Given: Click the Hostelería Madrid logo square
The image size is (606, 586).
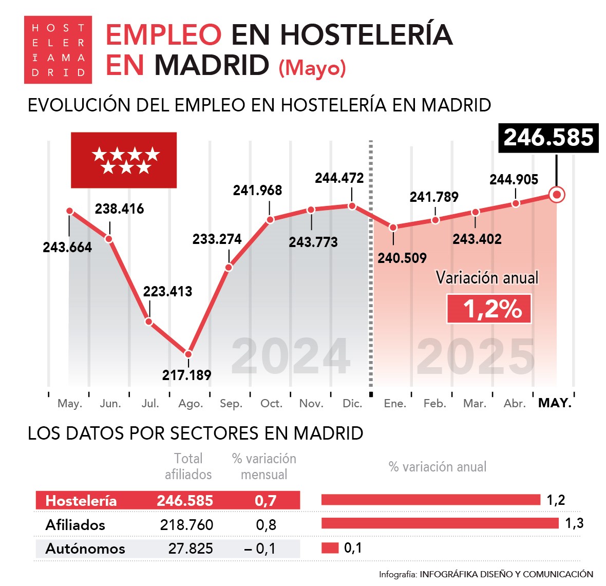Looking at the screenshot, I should click(58, 50).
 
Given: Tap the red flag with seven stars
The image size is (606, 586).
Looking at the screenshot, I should click(124, 160).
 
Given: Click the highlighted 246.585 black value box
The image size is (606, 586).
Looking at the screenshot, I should click(548, 138).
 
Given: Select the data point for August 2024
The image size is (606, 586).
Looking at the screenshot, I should click(188, 354).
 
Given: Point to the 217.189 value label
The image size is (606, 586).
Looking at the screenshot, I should click(186, 375).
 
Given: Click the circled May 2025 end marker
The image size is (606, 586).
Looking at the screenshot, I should click(557, 195).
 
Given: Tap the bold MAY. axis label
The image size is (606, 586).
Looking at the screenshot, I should click(555, 403).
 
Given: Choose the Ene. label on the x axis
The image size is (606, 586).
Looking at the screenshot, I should click(395, 404).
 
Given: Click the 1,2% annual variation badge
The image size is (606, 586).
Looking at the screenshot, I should click(489, 309).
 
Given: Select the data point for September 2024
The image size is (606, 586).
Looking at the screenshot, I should click(229, 267).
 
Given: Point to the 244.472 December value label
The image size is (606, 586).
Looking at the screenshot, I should click(339, 178).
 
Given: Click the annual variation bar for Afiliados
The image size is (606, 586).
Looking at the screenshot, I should click(440, 523).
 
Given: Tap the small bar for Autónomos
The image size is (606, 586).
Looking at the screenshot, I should click(330, 548).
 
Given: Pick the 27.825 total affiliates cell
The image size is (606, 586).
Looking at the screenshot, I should click(191, 549).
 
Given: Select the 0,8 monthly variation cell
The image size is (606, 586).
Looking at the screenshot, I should click(266, 525).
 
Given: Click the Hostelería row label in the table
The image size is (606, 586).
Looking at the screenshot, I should click(81, 501).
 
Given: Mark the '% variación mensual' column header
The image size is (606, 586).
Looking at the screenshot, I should click(264, 466).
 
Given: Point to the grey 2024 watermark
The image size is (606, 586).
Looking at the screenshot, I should click(291, 356).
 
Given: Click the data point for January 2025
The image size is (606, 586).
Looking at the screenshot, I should click(393, 227).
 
